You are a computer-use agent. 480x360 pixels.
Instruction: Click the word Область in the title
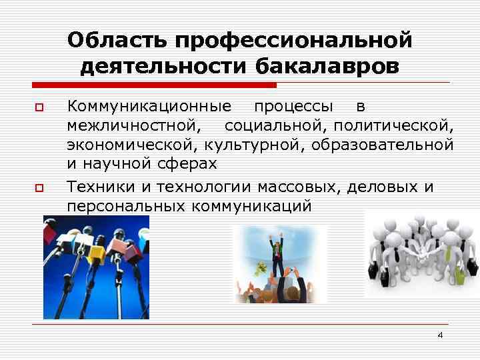(117, 41)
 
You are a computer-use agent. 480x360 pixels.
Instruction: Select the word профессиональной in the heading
(293, 41)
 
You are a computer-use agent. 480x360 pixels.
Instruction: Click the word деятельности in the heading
(163, 67)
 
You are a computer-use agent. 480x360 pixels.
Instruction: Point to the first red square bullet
(39, 107)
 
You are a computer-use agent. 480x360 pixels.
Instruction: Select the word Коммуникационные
(149, 107)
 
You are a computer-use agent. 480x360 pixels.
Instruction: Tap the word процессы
(294, 107)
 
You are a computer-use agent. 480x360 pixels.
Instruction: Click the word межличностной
(132, 126)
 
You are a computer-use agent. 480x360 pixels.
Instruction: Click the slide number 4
(440, 335)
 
